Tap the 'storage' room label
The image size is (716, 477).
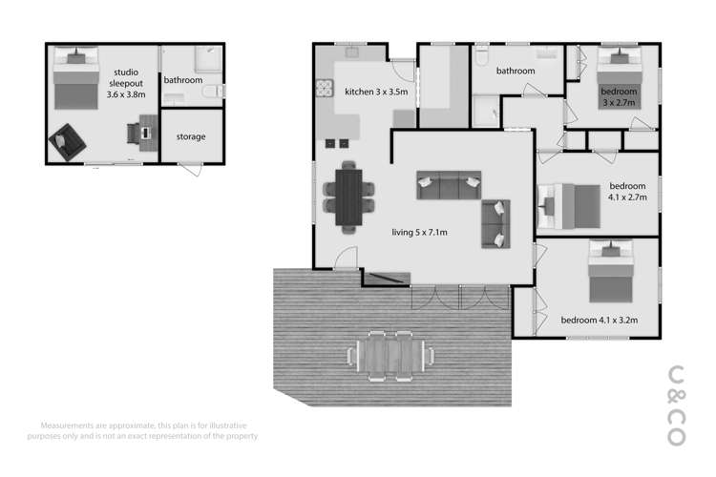[191, 136]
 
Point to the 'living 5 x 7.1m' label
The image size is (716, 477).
[420, 232]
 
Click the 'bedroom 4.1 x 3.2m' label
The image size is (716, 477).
[599, 320]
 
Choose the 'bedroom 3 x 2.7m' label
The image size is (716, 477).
[618, 97]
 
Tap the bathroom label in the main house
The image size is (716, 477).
[515, 71]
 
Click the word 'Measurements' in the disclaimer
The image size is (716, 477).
[69, 425]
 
